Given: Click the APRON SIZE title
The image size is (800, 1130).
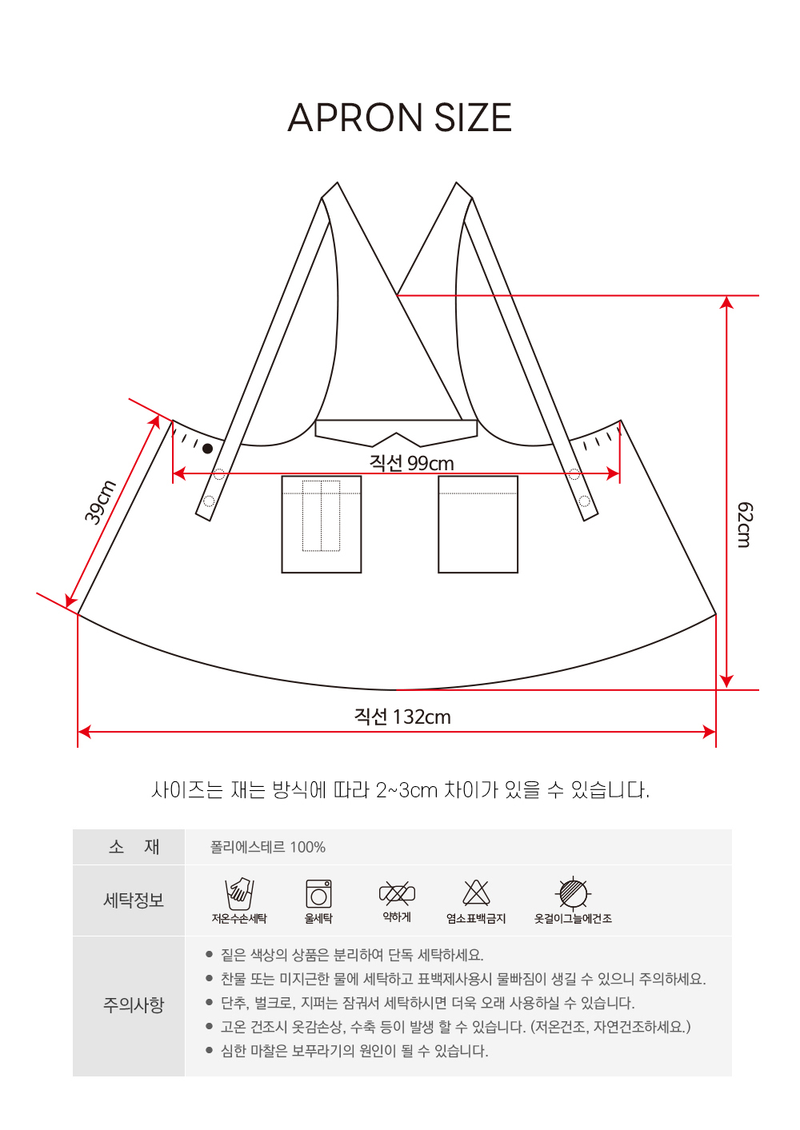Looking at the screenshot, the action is (399, 117).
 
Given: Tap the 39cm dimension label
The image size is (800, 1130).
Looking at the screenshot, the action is (100, 502).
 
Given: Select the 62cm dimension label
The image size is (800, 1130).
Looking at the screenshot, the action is (745, 524).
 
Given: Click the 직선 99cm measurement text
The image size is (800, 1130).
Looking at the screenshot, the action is (411, 462).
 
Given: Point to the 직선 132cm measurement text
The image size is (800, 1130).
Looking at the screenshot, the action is (402, 717).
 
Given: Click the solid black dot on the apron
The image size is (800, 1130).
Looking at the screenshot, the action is (207, 448).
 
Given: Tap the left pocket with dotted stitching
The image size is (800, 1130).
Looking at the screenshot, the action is (322, 524).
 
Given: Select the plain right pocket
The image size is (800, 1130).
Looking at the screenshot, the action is (478, 524).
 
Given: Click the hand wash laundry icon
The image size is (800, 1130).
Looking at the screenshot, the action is (239, 893).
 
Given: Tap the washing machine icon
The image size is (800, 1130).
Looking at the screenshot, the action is (318, 894).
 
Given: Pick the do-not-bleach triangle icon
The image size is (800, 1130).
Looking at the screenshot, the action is (476, 893).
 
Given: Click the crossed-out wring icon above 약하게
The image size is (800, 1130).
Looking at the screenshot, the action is (398, 893).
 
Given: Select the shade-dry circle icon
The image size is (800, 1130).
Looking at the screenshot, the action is (573, 893).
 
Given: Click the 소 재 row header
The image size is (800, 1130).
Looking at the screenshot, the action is (134, 847).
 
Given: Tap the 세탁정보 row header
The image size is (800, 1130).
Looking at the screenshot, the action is (134, 900).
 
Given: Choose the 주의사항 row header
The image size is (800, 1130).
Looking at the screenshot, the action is (134, 1005).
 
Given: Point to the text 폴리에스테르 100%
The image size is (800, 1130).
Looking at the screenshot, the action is (267, 847).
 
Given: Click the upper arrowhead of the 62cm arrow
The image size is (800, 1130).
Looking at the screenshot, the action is (726, 302).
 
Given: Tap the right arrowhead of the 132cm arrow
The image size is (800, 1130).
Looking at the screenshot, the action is (709, 732).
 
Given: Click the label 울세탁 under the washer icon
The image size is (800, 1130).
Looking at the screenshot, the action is (318, 918).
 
